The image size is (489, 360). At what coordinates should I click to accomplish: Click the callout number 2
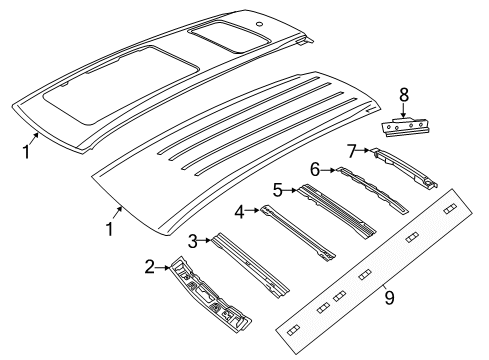pyautogui.click(x=149, y=267)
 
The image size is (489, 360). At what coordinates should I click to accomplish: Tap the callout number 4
pyautogui.click(x=240, y=211)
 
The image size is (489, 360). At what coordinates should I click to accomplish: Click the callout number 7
pyautogui.click(x=351, y=151)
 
